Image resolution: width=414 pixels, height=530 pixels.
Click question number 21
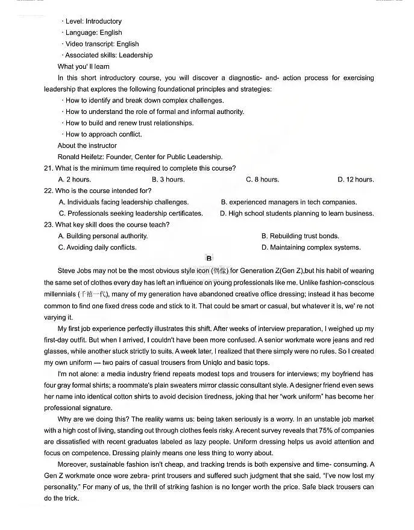(x=49, y=168)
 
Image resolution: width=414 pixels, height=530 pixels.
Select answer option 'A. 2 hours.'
(x=74, y=180)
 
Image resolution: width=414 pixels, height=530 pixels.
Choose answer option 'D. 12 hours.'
(x=356, y=180)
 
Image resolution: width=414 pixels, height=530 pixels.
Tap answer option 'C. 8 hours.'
(x=262, y=180)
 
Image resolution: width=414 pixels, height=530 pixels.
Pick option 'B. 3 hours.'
(x=168, y=180)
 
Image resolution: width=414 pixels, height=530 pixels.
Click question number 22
(x=49, y=191)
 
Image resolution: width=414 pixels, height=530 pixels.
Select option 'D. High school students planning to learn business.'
(x=296, y=213)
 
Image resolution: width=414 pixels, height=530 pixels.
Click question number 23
(x=49, y=225)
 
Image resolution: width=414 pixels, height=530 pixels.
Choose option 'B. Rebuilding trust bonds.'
(x=300, y=236)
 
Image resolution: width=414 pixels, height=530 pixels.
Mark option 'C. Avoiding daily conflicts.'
(x=97, y=247)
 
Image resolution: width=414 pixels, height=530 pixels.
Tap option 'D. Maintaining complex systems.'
(x=311, y=247)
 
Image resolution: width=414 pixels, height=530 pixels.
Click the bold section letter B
(x=209, y=259)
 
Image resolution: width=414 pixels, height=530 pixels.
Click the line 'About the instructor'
(x=87, y=145)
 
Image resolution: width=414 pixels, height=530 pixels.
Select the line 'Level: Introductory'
(x=93, y=21)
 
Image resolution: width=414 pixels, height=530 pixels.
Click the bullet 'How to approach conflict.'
(x=104, y=134)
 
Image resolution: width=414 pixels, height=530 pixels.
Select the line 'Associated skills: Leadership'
(x=108, y=55)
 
